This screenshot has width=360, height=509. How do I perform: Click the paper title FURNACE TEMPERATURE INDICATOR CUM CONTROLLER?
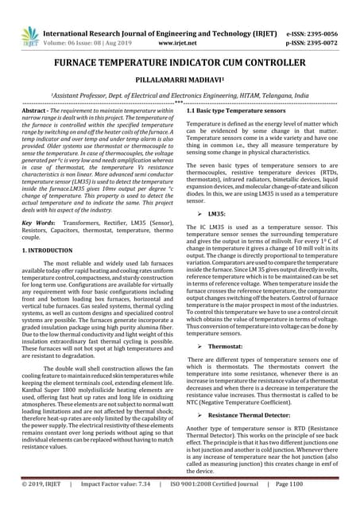tap(180, 63)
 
